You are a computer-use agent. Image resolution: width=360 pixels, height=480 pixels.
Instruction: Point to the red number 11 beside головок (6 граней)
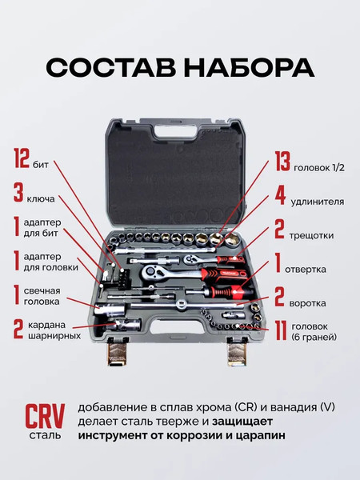coord(281,330)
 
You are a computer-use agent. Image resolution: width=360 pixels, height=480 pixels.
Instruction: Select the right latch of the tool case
coord(238,349)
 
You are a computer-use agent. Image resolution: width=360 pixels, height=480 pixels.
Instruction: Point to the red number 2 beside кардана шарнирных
coord(18,329)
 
